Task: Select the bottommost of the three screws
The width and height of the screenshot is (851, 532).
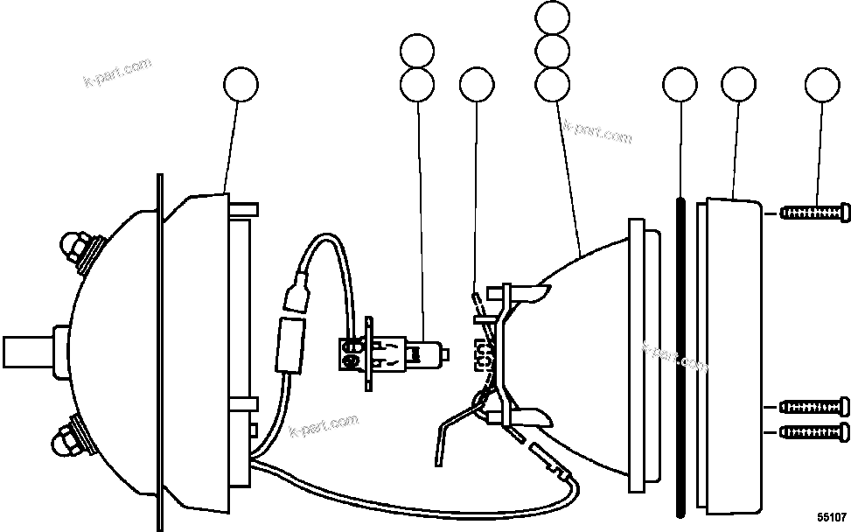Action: tap(813, 430)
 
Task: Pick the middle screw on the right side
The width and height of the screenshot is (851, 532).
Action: tap(813, 406)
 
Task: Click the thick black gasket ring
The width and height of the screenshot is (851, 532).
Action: tap(679, 359)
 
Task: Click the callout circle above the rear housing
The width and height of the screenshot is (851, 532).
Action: tap(241, 85)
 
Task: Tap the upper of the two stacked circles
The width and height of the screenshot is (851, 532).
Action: tap(417, 51)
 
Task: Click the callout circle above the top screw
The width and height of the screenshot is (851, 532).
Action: tap(821, 85)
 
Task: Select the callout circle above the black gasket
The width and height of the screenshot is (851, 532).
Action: tap(680, 85)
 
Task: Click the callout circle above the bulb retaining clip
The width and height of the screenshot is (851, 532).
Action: tap(476, 85)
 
